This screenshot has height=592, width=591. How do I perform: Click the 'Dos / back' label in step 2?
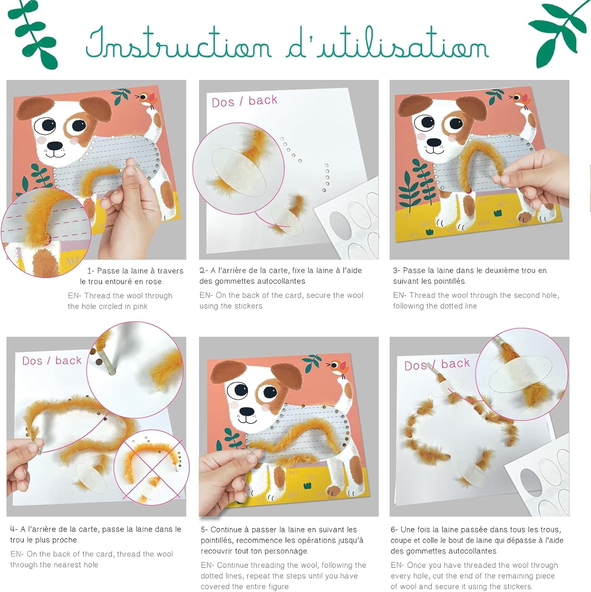[244, 101]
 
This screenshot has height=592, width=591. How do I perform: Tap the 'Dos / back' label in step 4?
[52, 361]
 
